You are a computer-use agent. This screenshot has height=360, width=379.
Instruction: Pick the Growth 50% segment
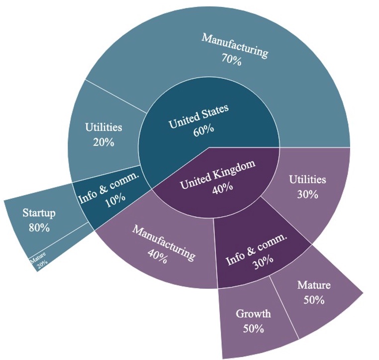(253, 321)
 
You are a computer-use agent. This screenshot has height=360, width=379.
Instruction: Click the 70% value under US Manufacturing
(231, 61)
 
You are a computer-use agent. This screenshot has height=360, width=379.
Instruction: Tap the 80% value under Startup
(39, 228)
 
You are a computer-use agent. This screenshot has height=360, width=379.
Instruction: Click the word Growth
(253, 314)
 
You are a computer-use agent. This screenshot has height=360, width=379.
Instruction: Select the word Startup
(39, 213)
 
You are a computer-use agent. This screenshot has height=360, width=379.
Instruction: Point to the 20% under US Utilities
(103, 142)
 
